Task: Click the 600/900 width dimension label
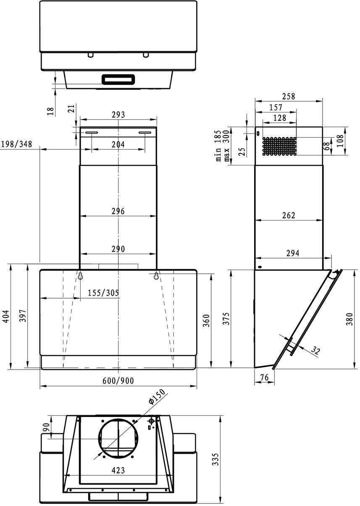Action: (118, 380)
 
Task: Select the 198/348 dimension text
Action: (16, 144)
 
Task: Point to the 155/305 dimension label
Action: (103, 293)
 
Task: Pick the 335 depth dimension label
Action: (216, 459)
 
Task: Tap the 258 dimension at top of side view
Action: (289, 96)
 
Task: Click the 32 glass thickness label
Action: (315, 350)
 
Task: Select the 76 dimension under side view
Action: (264, 377)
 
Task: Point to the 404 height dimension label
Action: (7, 316)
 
